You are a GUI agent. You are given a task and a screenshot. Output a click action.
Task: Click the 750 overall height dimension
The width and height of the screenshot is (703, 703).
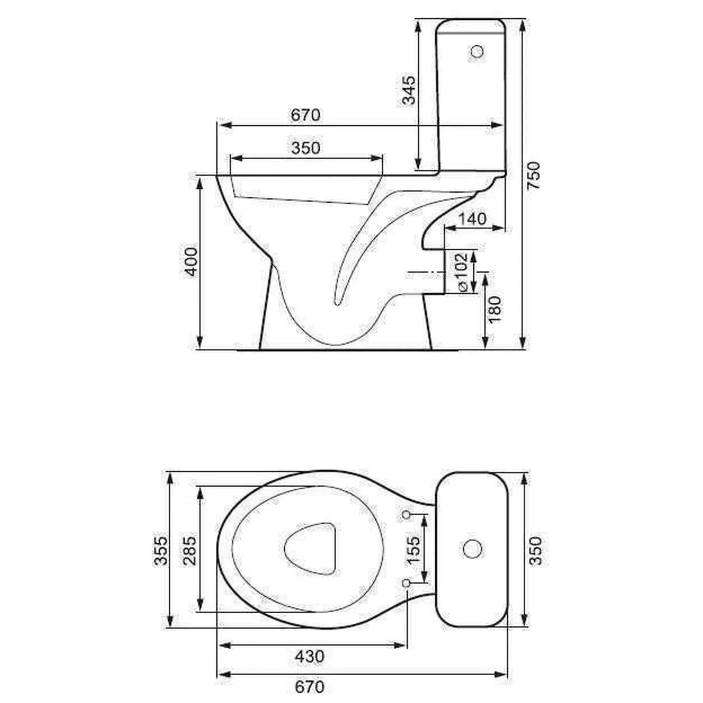(x=533, y=175)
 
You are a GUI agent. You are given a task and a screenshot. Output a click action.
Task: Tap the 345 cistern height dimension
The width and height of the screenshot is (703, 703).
(x=409, y=91)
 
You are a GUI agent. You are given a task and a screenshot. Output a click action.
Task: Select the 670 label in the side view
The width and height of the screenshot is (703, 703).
(x=305, y=115)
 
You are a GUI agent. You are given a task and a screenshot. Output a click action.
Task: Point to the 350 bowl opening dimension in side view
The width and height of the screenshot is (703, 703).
(x=305, y=148)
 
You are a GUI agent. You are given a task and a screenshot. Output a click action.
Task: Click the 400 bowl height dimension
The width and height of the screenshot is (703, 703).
(x=191, y=261)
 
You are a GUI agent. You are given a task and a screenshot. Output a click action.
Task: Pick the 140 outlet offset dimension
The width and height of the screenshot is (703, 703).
(x=472, y=219)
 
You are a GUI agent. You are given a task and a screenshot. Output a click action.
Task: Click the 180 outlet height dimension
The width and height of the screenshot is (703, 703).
(x=494, y=309)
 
